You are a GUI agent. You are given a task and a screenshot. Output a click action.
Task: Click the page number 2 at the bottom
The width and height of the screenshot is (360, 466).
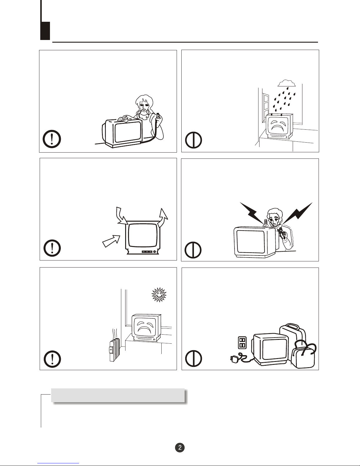click(180, 447)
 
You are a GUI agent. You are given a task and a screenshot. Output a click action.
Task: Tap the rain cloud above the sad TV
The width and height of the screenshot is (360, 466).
click(287, 83)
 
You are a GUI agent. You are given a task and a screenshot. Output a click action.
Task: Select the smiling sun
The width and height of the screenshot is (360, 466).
click(159, 295)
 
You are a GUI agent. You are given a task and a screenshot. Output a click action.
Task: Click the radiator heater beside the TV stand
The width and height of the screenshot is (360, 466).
click(114, 350)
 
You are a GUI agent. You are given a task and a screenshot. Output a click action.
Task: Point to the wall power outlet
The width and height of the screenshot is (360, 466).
click(242, 343)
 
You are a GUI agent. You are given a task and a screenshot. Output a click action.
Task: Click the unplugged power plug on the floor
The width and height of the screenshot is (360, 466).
click(235, 359)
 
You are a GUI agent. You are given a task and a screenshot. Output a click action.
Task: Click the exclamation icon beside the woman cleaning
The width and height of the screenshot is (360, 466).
click(52, 139)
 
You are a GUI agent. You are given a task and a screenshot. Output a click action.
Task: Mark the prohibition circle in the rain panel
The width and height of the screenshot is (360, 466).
click(193, 140)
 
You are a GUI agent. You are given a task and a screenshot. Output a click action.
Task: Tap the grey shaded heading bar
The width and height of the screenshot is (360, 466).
click(118, 395)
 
